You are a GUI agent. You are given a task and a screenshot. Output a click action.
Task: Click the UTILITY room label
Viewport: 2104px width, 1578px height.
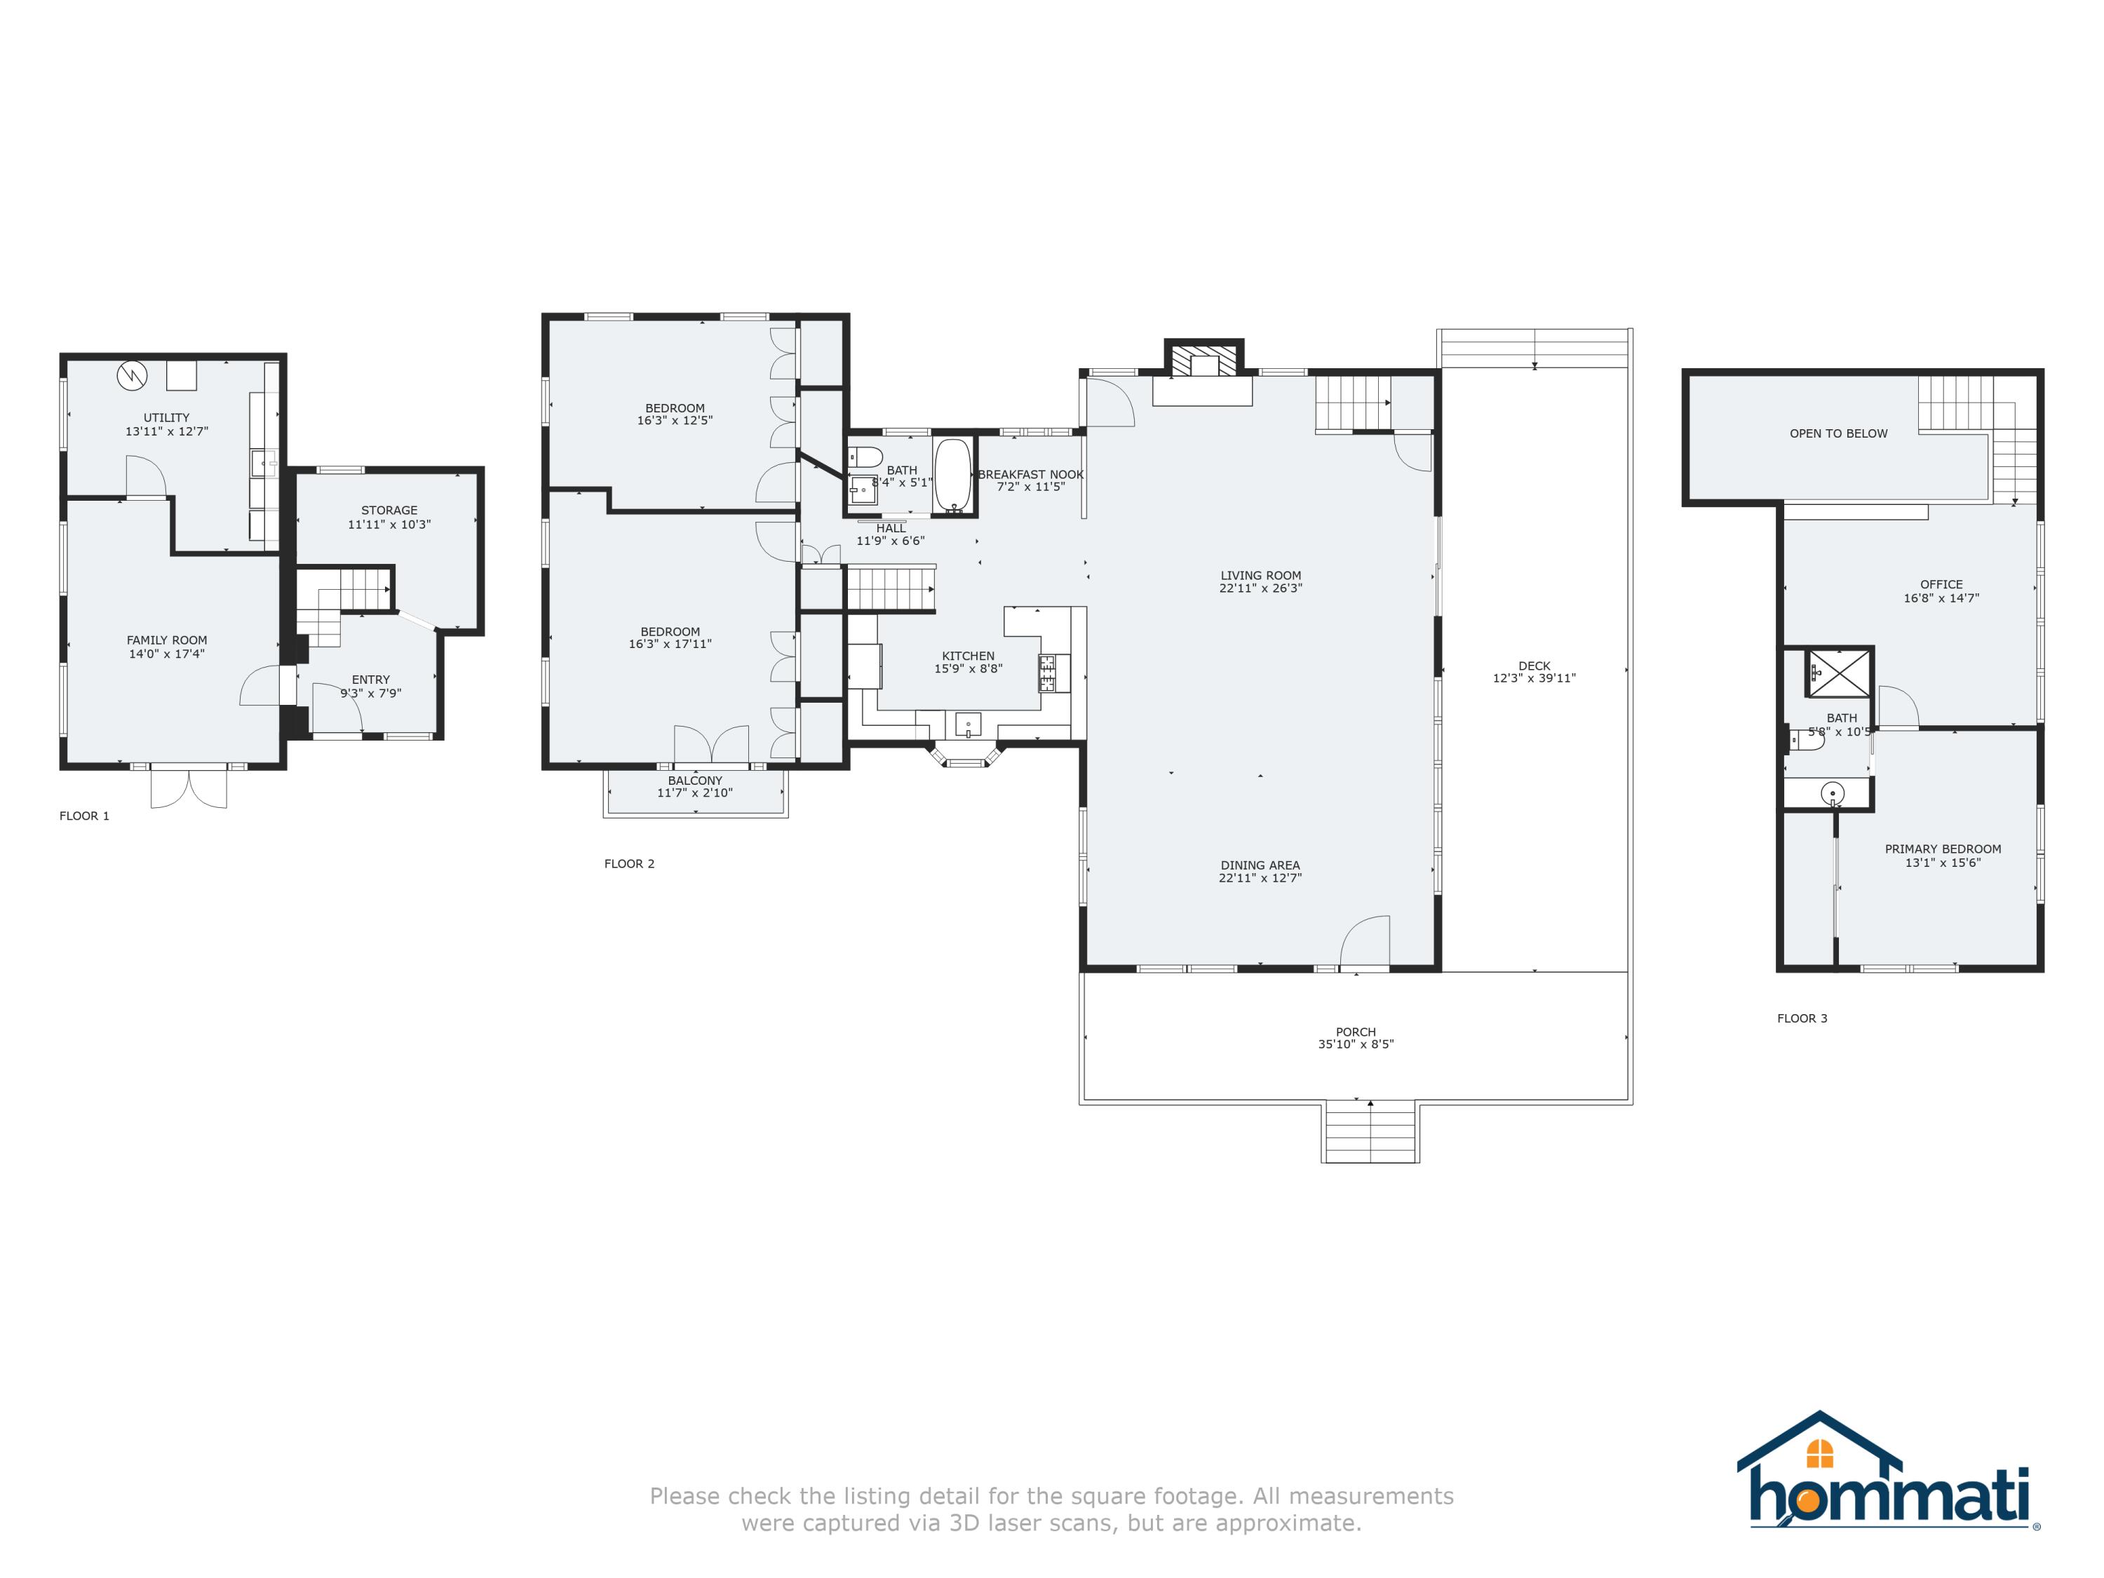[166, 417]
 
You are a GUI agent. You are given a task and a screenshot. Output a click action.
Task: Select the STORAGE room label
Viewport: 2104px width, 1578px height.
[389, 511]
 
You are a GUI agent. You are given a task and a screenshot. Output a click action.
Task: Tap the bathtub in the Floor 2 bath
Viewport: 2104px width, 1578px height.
[953, 476]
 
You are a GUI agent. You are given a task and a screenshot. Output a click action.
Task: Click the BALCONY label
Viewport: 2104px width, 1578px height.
[694, 781]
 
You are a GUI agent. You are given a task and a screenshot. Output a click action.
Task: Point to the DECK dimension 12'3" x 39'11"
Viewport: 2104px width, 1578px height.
[1535, 679]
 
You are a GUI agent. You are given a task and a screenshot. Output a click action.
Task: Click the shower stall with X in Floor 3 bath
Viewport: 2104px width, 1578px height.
[1840, 673]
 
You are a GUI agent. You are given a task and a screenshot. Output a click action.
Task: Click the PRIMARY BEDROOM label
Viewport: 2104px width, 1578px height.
[1942, 849]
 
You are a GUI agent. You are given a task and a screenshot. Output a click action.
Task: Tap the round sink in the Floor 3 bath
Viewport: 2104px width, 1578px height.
[1832, 793]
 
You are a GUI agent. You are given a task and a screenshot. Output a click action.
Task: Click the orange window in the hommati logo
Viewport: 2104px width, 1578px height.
[1819, 1453]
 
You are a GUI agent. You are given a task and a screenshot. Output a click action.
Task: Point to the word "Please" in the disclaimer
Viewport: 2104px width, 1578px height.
[683, 1496]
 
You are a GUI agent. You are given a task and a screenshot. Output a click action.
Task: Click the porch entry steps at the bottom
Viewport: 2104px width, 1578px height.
[1370, 1132]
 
